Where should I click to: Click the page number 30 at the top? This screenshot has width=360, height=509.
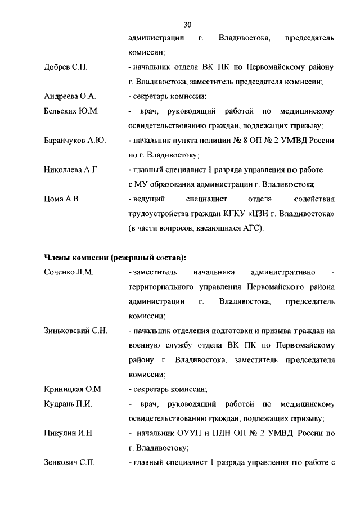pyautogui.click(x=188, y=24)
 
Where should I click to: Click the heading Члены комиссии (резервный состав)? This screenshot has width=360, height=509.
pyautogui.click(x=115, y=258)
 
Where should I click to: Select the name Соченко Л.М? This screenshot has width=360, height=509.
pyautogui.click(x=68, y=272)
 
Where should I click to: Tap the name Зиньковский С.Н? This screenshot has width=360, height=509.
pyautogui.click(x=75, y=331)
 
